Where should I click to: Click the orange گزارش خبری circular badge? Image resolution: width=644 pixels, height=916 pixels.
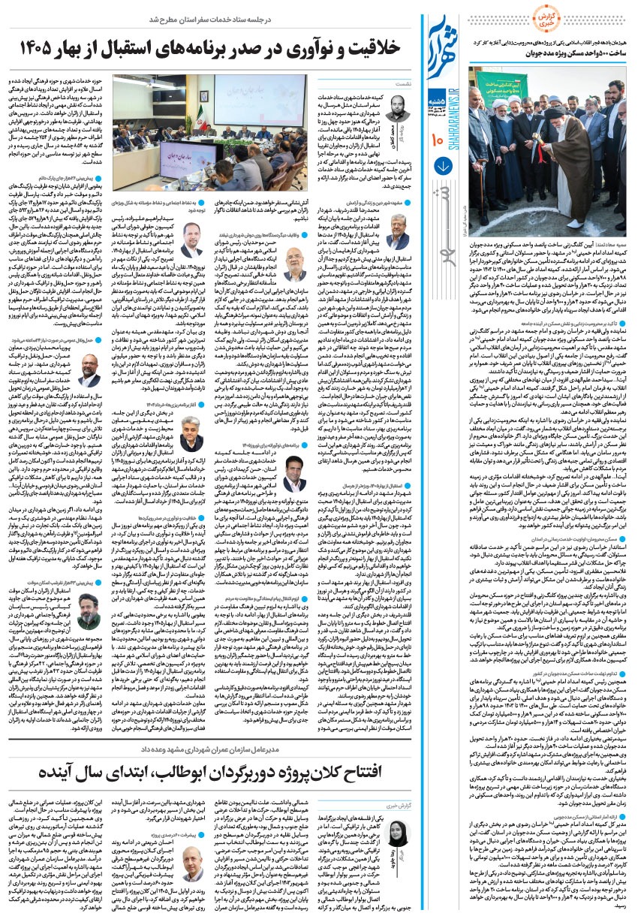pyautogui.click(x=612, y=20)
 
